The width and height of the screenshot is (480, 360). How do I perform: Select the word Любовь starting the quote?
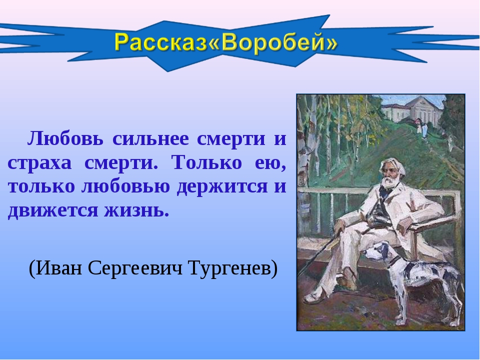(65, 138)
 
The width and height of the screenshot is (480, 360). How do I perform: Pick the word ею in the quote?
(270, 163)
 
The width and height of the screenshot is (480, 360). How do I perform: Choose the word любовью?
(125, 186)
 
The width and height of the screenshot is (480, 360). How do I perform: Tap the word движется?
(51, 211)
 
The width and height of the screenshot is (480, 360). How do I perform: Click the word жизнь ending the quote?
(136, 210)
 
